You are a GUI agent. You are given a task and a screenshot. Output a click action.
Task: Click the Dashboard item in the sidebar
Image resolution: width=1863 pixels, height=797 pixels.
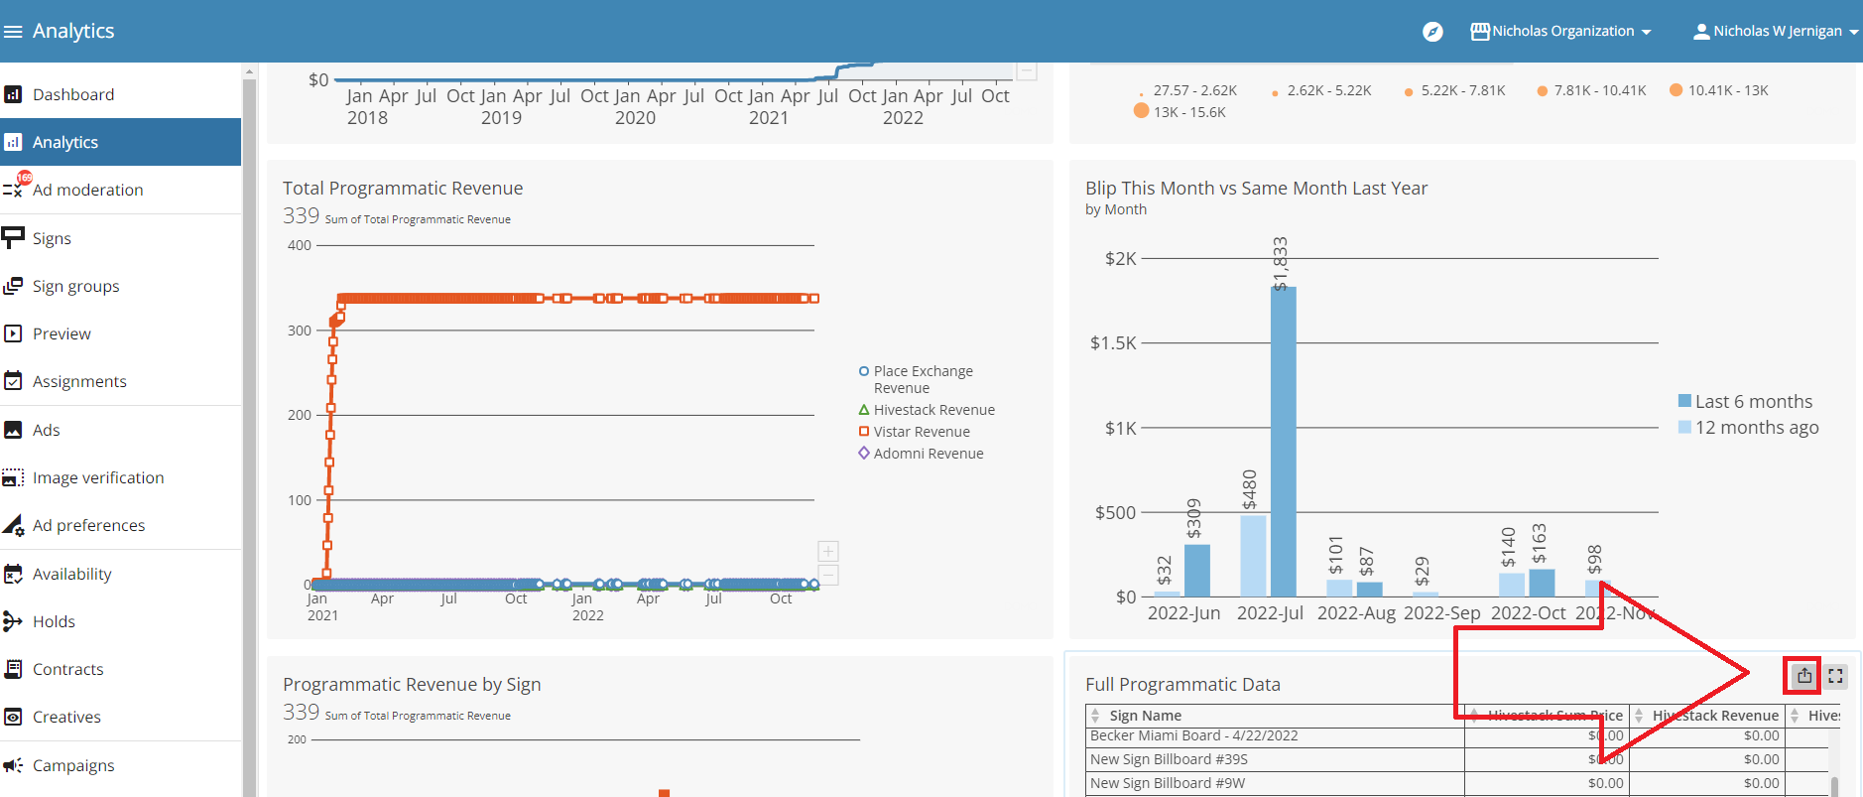(72, 94)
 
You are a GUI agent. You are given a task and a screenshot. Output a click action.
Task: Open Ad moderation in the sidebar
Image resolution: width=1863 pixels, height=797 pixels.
(87, 190)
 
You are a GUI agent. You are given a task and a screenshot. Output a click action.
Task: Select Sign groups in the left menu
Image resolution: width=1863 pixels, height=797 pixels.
(75, 286)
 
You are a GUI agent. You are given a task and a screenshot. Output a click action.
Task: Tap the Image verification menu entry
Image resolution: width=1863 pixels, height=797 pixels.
(97, 477)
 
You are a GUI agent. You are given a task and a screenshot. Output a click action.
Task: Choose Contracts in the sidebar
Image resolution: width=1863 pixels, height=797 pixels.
(67, 669)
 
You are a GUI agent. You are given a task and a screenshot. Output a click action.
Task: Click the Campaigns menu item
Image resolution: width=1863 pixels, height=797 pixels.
(72, 765)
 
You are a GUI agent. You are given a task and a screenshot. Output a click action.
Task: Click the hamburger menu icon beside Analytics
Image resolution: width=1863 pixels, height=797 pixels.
(13, 32)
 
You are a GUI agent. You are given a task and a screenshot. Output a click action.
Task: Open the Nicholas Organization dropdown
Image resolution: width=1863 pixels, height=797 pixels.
(1561, 32)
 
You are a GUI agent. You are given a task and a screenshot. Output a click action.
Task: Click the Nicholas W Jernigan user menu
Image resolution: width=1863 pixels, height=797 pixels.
(1776, 32)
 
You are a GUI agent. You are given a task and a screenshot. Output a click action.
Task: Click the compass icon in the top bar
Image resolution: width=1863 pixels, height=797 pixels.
(1432, 32)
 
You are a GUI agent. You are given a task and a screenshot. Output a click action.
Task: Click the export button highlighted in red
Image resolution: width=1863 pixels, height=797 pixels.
(1803, 676)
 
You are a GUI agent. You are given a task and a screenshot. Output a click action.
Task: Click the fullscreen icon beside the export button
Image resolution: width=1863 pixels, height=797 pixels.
(1835, 676)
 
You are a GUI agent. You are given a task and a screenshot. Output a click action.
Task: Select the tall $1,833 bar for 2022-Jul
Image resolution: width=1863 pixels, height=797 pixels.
(1283, 442)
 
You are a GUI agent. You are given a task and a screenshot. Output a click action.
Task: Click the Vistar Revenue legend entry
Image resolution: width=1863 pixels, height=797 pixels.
(921, 432)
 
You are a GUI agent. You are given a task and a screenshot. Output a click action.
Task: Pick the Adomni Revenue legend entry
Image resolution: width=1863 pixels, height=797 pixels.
(928, 454)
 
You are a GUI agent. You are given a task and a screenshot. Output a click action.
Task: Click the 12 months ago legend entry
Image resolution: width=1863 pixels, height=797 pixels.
(1756, 428)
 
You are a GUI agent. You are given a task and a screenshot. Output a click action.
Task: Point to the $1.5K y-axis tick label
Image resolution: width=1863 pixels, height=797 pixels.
(1113, 343)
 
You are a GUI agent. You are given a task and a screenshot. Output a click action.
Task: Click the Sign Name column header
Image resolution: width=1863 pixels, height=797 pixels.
(1145, 716)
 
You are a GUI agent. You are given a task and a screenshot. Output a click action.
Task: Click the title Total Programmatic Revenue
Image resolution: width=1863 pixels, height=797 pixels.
(402, 189)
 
